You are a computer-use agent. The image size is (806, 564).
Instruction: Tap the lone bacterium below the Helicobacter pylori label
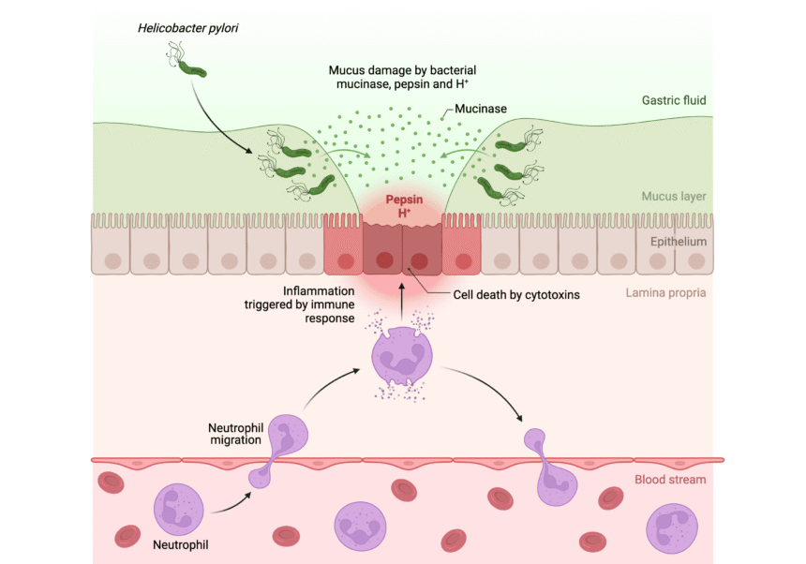click(x=192, y=67)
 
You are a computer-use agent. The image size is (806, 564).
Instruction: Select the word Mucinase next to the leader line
click(x=480, y=109)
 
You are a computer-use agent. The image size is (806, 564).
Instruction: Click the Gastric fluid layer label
click(x=674, y=100)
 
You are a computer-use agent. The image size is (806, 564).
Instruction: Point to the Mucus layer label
click(x=674, y=197)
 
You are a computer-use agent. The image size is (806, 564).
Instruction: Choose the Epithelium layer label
click(x=677, y=242)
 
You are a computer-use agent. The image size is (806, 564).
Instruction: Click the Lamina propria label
click(x=665, y=292)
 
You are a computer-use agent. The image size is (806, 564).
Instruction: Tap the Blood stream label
click(x=670, y=480)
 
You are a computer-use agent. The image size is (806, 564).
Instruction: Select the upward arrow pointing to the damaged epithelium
click(x=401, y=301)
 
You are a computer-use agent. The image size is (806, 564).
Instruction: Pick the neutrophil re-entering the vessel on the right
click(x=545, y=468)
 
